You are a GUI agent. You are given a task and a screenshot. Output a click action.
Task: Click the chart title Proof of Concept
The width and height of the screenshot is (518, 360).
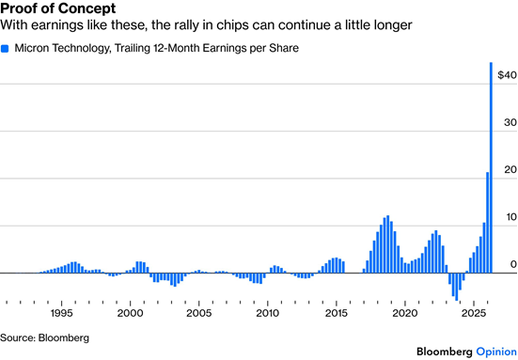click(x=58, y=8)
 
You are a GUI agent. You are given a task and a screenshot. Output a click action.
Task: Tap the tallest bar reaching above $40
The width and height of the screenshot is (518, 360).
click(x=491, y=167)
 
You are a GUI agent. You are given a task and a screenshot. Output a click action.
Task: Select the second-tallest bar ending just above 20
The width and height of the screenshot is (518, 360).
click(x=487, y=223)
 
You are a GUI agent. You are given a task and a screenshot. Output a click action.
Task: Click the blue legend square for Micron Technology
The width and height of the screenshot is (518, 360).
click(x=5, y=49)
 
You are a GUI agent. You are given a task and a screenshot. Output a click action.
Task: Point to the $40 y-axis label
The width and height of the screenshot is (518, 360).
click(x=507, y=75)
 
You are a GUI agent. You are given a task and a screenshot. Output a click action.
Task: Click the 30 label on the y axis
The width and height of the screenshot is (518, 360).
click(x=510, y=122)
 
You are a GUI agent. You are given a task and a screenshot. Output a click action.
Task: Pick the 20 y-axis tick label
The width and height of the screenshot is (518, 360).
click(x=510, y=170)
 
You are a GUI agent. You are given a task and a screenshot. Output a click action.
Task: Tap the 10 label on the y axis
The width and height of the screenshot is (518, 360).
click(x=510, y=217)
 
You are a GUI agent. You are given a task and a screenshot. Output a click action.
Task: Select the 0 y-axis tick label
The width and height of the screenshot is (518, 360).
click(x=513, y=264)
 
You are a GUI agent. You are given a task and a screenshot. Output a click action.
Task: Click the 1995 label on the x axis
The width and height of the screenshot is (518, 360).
click(x=61, y=313)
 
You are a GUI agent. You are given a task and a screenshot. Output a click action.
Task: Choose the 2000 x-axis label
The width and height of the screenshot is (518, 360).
click(x=130, y=313)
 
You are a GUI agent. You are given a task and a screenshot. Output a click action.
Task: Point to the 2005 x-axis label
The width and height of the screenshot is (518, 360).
click(x=199, y=313)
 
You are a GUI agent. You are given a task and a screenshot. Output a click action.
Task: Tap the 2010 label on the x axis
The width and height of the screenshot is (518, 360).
click(x=268, y=313)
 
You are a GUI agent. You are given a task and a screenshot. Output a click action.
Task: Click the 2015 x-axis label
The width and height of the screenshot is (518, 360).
click(x=337, y=313)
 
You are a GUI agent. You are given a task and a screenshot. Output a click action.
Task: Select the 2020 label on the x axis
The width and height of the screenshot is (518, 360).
click(x=405, y=313)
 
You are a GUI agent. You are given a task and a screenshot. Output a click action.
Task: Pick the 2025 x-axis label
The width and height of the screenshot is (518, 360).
click(x=474, y=313)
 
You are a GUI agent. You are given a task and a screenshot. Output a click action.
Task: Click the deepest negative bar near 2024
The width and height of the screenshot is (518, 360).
click(x=457, y=287)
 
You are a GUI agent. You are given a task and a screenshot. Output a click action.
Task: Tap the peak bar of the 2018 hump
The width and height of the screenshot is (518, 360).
click(x=387, y=244)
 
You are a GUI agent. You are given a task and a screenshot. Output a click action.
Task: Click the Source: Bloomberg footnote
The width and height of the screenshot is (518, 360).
click(x=44, y=337)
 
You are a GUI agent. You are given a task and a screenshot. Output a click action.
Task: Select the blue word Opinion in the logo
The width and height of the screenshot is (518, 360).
click(x=496, y=352)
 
